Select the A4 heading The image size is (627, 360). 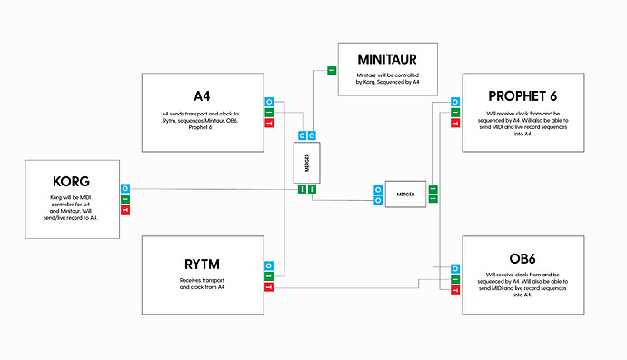pyautogui.click(x=203, y=95)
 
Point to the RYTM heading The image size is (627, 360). pyautogui.click(x=202, y=265)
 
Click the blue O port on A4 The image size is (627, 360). pyautogui.click(x=269, y=101)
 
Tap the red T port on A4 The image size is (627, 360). pyautogui.click(x=269, y=123)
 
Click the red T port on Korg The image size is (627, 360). pyautogui.click(x=125, y=210)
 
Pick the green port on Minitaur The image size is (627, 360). pyautogui.click(x=331, y=70)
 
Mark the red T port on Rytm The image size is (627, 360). pyautogui.click(x=269, y=287)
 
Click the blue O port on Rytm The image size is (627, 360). pyautogui.click(x=269, y=265)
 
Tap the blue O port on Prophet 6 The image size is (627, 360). pyautogui.click(x=455, y=101)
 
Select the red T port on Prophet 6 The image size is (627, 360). pyautogui.click(x=455, y=123)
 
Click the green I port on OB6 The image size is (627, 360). pyautogui.click(x=455, y=277)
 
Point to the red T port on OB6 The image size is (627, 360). pyautogui.click(x=455, y=288)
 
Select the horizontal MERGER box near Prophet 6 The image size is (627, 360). pyautogui.click(x=404, y=193)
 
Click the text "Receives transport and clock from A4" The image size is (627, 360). pyautogui.click(x=202, y=284)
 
